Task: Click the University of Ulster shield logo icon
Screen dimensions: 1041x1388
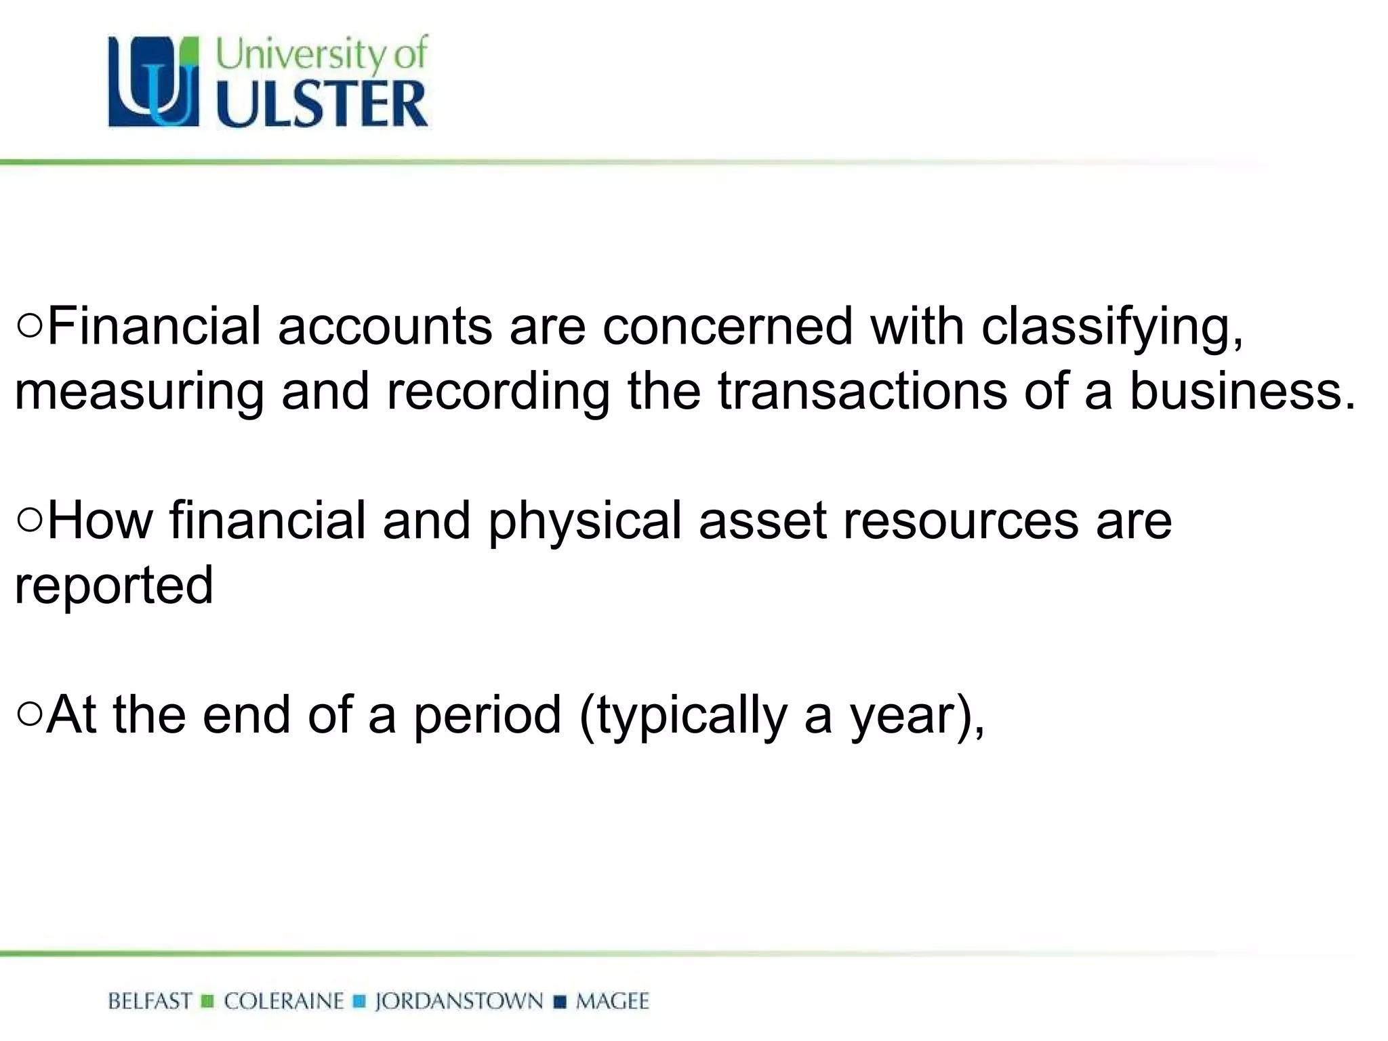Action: click(x=154, y=82)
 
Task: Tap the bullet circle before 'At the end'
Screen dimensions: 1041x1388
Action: click(x=30, y=714)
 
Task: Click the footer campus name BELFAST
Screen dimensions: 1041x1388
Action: click(x=150, y=1001)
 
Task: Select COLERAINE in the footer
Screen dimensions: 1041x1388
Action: click(x=284, y=1001)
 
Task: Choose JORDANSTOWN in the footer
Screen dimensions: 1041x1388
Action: click(x=459, y=1001)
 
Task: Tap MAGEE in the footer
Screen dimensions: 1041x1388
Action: click(x=612, y=1001)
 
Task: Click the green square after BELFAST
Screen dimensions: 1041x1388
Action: click(x=208, y=1001)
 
